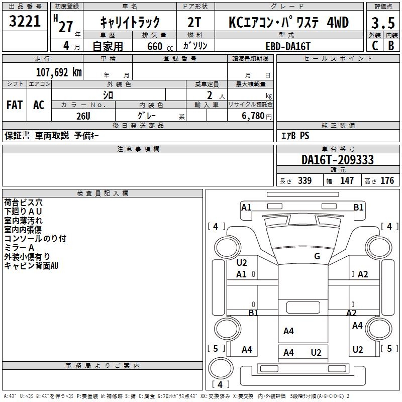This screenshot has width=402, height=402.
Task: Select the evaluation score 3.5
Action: [x=382, y=23]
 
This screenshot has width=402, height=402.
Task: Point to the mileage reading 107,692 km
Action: [x=59, y=72]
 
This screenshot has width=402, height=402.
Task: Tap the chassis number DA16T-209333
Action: [x=338, y=160]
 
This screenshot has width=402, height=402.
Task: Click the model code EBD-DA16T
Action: [x=288, y=46]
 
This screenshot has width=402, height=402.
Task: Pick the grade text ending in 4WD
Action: [x=288, y=23]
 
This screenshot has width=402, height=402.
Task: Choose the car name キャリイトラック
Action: [x=130, y=23]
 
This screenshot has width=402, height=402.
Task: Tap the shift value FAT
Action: [x=15, y=105]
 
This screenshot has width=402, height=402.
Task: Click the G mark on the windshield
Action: [x=317, y=256]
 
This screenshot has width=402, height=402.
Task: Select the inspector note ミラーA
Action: [x=19, y=248]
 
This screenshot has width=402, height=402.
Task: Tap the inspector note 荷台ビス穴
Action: [x=24, y=203]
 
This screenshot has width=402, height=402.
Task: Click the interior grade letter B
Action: [x=391, y=46]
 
